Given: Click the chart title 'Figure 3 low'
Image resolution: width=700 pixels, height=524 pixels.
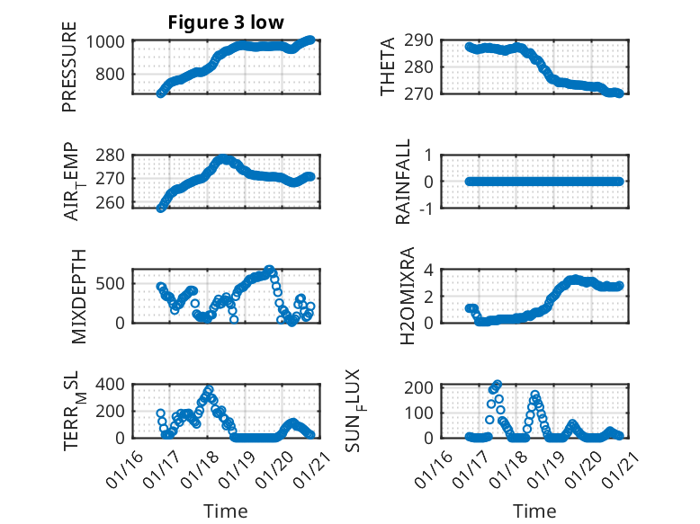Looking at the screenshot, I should [226, 22].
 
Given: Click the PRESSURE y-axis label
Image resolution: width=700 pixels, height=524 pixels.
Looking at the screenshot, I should [69, 67].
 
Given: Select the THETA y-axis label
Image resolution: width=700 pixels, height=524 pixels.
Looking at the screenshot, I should [388, 67].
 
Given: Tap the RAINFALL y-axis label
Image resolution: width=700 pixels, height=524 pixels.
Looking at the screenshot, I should [404, 182].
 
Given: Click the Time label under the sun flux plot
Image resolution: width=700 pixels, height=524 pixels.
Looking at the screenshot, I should [534, 511].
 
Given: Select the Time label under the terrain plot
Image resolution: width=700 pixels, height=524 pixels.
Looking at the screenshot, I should [225, 511].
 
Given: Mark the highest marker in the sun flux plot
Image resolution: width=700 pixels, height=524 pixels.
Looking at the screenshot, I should [498, 384].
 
